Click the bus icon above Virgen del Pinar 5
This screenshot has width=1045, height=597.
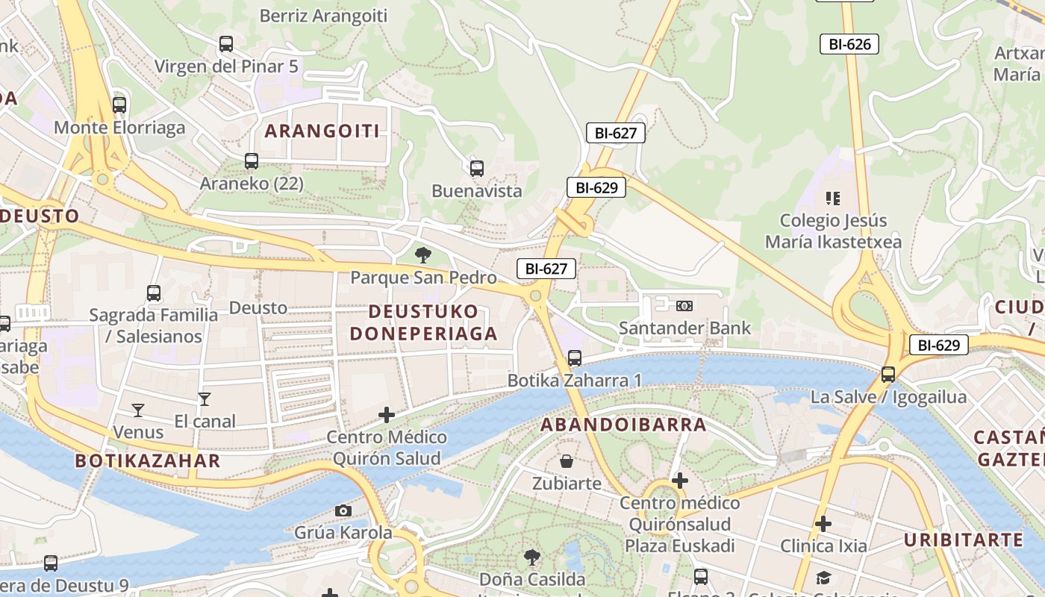point(226,44)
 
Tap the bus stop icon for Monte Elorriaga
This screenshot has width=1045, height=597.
point(119,105)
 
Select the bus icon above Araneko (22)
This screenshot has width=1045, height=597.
point(252,161)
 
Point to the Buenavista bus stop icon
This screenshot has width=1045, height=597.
point(477,169)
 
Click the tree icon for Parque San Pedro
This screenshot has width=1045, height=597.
point(423,255)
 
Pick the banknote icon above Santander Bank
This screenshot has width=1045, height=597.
point(684,306)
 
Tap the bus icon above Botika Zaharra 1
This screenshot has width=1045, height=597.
point(575,358)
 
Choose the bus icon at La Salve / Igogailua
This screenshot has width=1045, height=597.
point(888,375)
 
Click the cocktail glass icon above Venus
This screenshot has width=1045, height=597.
point(138,410)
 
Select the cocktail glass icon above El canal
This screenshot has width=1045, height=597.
point(205,399)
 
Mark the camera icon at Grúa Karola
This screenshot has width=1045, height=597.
point(343,510)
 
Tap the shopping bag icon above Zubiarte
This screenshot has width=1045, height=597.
point(567,461)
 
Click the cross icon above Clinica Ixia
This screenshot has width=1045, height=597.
point(823,524)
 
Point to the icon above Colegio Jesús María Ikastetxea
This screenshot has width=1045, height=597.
point(833,199)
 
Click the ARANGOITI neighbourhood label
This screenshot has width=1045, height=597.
point(322,131)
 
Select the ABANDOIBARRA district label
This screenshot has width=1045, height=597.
point(623,425)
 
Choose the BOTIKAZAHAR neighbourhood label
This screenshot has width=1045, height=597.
point(148,460)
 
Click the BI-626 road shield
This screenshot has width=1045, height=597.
point(849,44)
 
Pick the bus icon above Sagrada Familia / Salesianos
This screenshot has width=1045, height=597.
point(154,293)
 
